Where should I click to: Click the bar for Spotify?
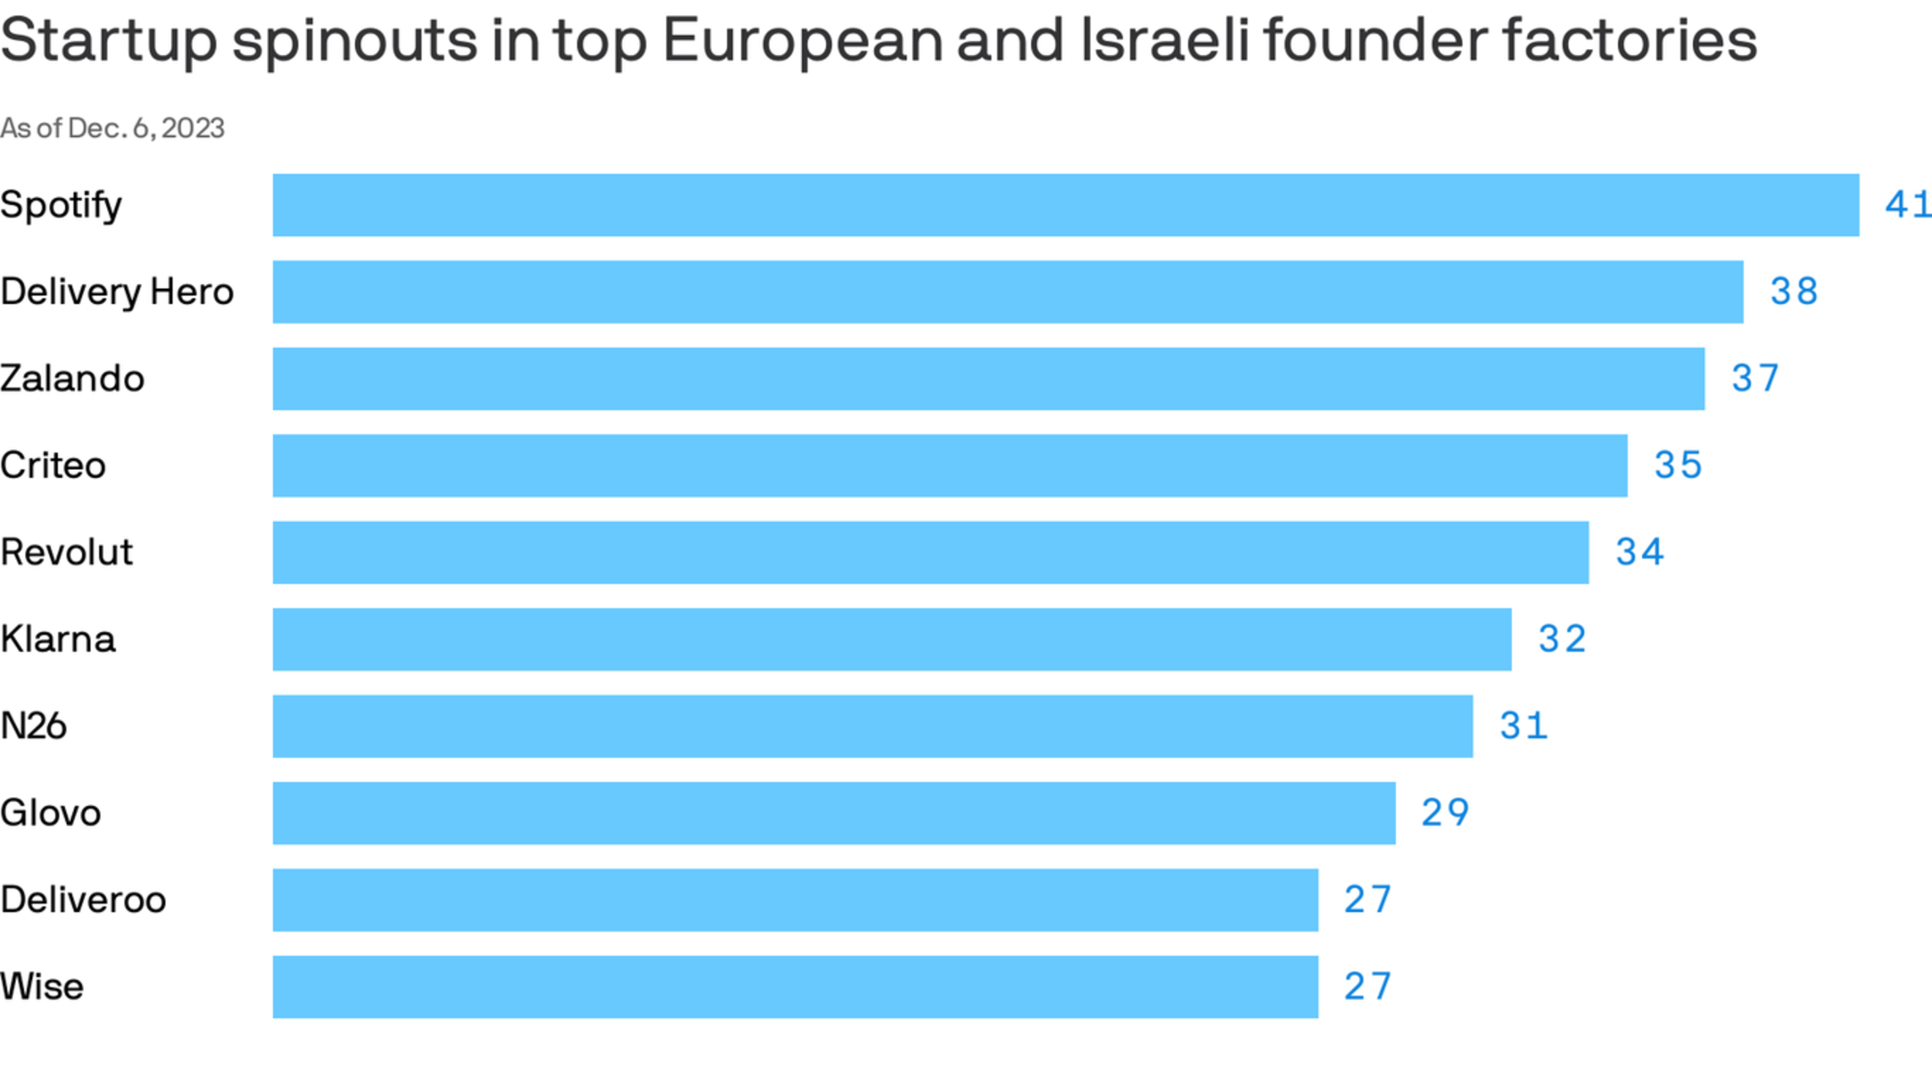[1065, 205]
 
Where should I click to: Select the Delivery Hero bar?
[1007, 292]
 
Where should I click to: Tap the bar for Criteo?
[949, 466]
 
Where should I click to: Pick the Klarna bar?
[892, 640]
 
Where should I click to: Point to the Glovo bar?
[833, 813]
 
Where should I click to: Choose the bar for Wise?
[794, 987]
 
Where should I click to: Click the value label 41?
[1907, 205]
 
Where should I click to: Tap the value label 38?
[1793, 292]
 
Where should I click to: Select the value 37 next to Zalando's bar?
[1755, 379]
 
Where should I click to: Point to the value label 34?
[1640, 553]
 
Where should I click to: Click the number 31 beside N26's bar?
[1524, 726]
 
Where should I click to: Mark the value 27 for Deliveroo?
[1367, 900]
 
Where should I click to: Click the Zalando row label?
[72, 379]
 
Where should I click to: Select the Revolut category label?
[66, 553]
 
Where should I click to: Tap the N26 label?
[33, 726]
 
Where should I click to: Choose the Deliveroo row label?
[83, 900]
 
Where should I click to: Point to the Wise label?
[41, 987]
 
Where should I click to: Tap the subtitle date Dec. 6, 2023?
[145, 128]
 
